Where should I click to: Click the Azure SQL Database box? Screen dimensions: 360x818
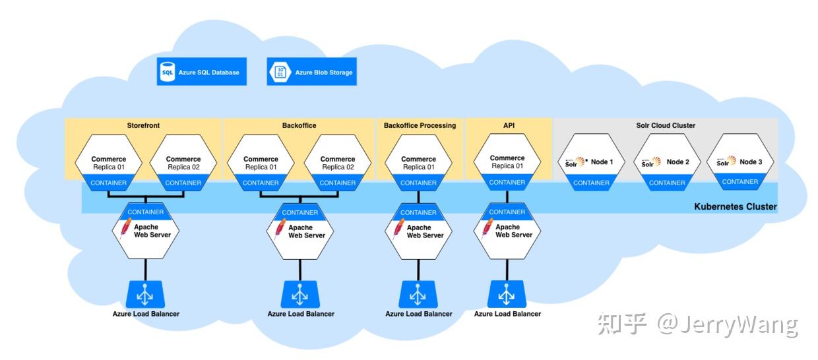point(201,72)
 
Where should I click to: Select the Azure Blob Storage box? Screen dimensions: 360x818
point(311,72)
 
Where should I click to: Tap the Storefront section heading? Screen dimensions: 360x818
point(143,125)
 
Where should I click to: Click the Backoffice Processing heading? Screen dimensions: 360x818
point(420,125)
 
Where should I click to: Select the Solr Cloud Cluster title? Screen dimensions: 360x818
point(665,125)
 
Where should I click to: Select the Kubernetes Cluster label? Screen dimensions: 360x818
point(735,207)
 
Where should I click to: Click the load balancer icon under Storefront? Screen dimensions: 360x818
point(145,295)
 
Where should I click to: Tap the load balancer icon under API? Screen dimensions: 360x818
point(507,294)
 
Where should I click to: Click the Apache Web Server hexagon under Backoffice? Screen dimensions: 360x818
point(300,231)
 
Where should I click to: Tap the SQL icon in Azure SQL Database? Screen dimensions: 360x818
point(168,72)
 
